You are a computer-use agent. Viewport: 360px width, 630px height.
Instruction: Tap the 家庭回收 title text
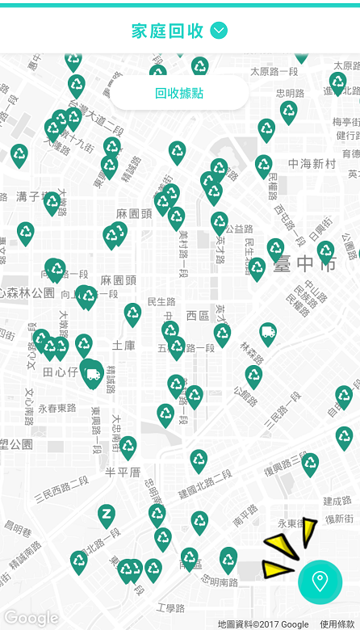click(x=167, y=31)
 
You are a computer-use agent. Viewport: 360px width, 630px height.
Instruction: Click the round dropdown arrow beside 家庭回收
click(x=219, y=31)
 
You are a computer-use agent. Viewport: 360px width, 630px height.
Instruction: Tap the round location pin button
click(x=320, y=581)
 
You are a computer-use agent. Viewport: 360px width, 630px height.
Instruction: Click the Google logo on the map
click(x=31, y=619)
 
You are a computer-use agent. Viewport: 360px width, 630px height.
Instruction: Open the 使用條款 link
click(x=337, y=624)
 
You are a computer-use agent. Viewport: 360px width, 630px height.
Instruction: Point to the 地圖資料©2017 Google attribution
click(x=263, y=624)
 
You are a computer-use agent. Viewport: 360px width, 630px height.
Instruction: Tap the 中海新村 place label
click(x=312, y=164)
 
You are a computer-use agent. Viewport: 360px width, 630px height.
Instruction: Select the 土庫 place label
click(x=123, y=345)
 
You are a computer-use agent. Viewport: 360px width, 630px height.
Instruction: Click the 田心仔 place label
click(x=59, y=372)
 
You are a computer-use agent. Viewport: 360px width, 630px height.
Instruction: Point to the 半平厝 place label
click(x=123, y=471)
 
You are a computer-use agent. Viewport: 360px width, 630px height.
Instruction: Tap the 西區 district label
click(x=197, y=315)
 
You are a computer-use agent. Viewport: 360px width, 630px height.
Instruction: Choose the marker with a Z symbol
click(x=107, y=514)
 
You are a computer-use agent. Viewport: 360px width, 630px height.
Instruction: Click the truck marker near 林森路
click(x=268, y=333)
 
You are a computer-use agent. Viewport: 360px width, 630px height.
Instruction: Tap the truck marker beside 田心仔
click(x=93, y=374)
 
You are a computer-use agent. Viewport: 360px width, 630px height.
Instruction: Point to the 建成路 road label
click(x=337, y=502)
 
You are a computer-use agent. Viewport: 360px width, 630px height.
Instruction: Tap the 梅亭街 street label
click(x=346, y=122)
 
